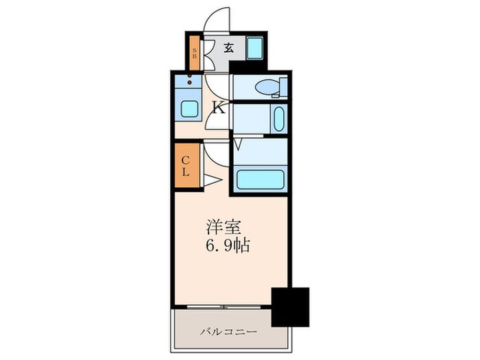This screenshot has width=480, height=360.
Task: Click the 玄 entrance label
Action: [x=228, y=49]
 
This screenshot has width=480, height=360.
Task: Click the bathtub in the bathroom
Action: [x=260, y=180]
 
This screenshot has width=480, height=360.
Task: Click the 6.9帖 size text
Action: [x=225, y=245]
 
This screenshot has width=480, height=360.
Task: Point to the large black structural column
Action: [x=290, y=307]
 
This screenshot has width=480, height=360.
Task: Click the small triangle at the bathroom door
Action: [x=238, y=145]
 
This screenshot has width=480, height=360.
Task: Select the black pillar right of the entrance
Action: [x=242, y=66]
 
